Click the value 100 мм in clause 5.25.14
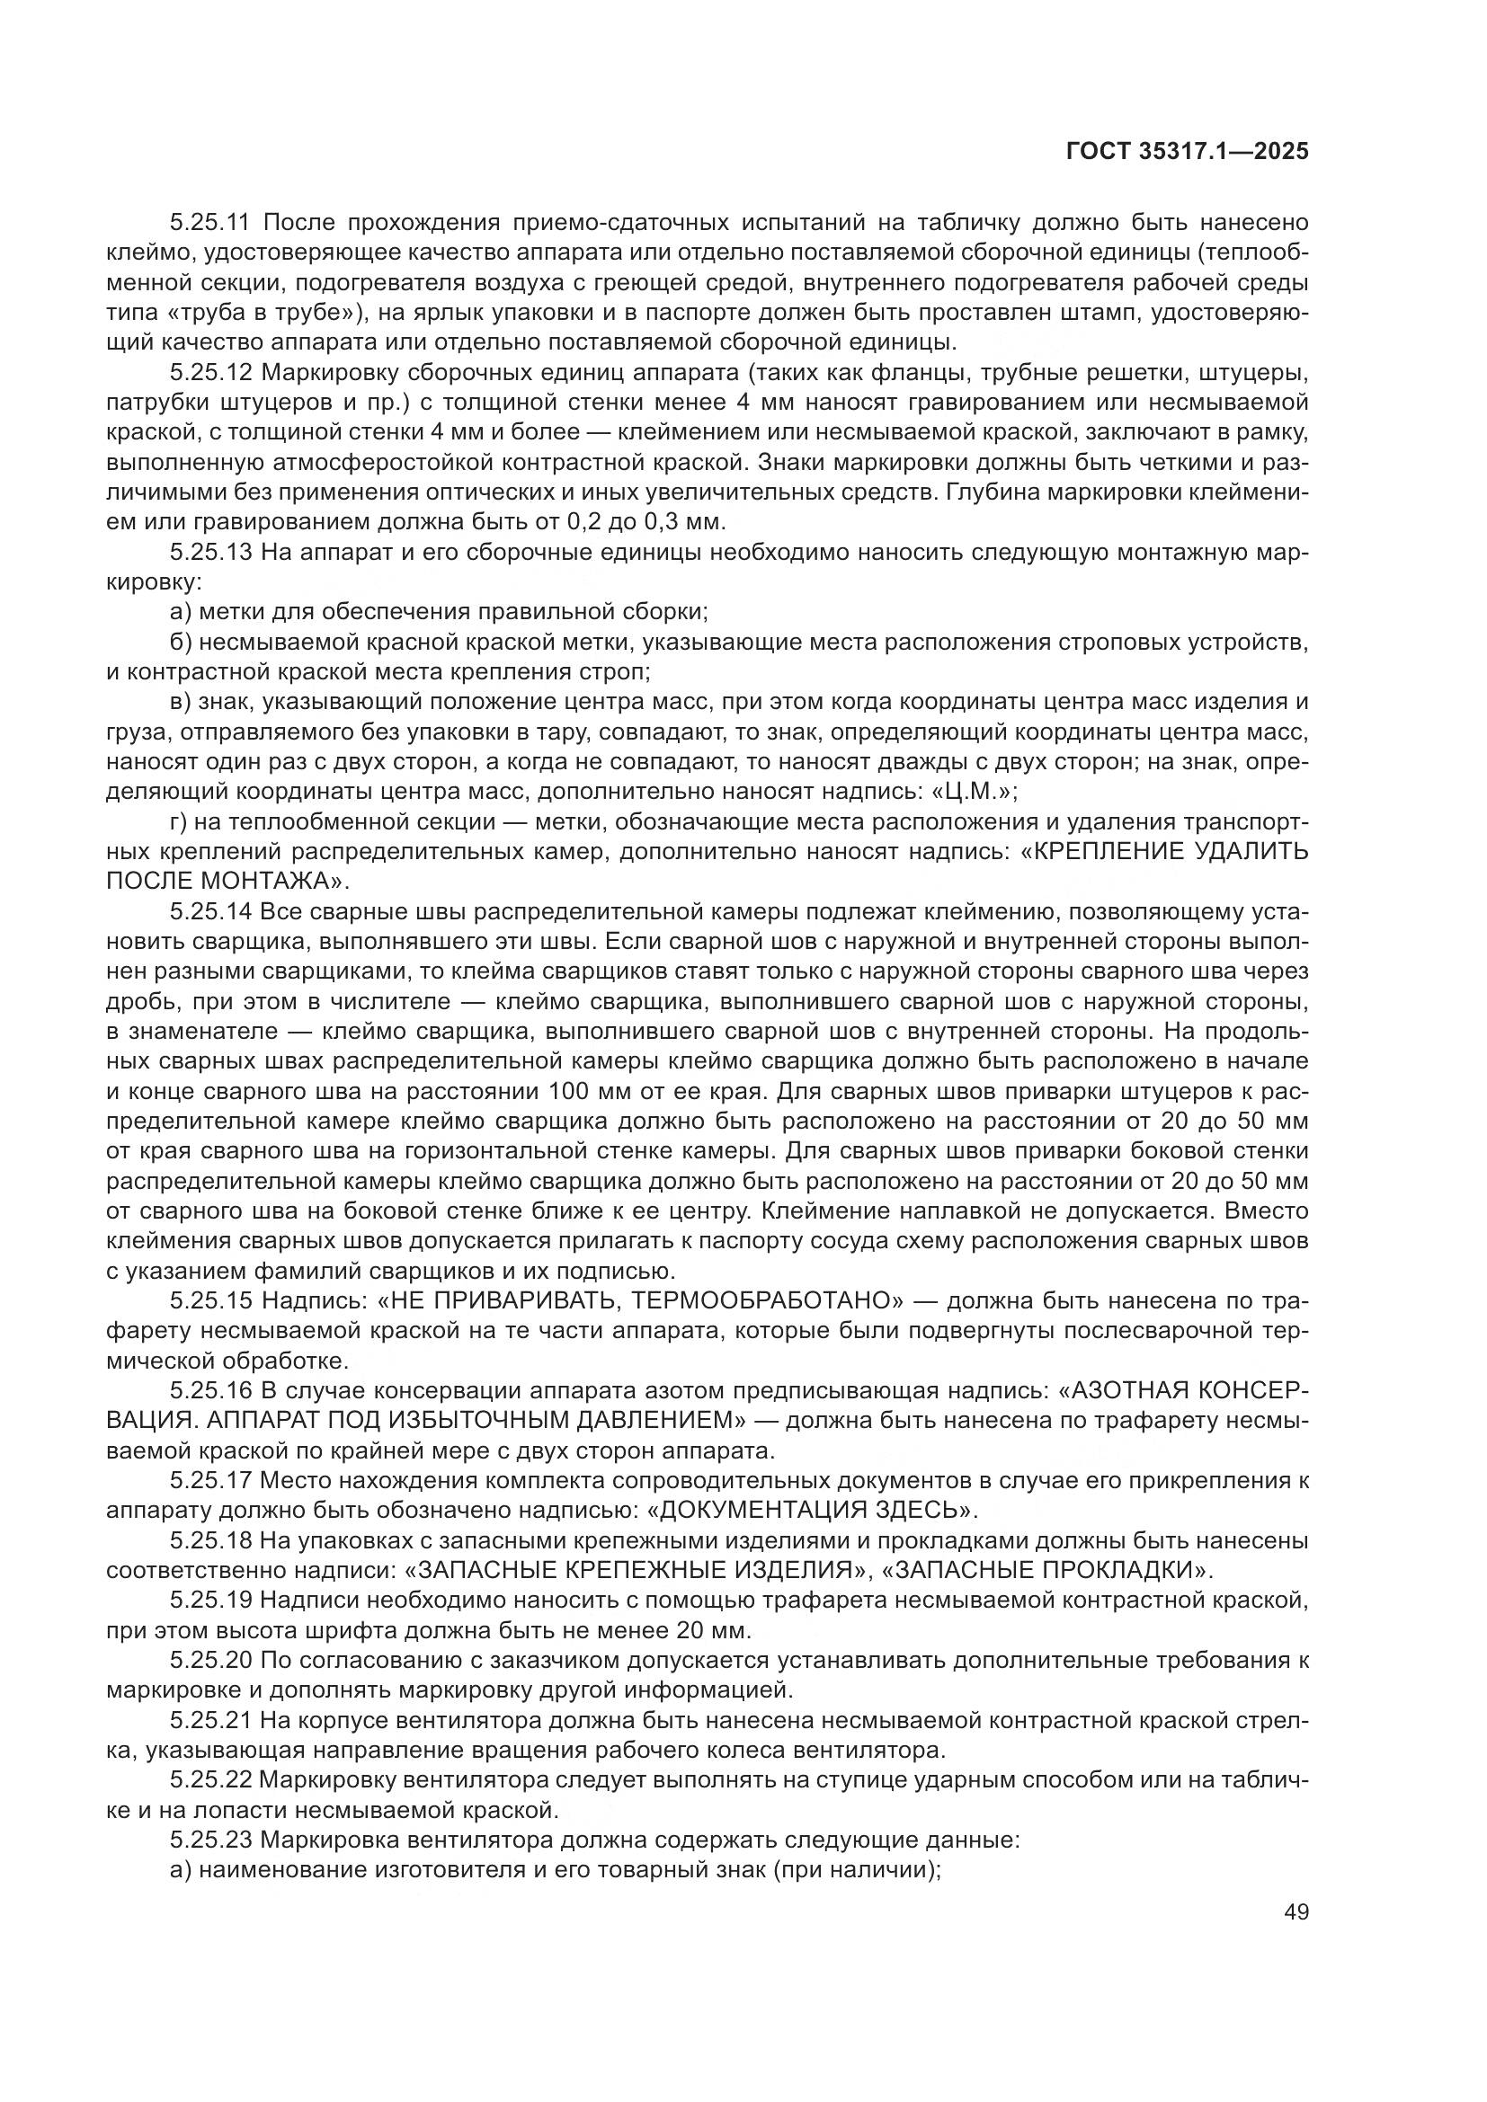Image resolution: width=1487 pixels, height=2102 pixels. (x=587, y=1091)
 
